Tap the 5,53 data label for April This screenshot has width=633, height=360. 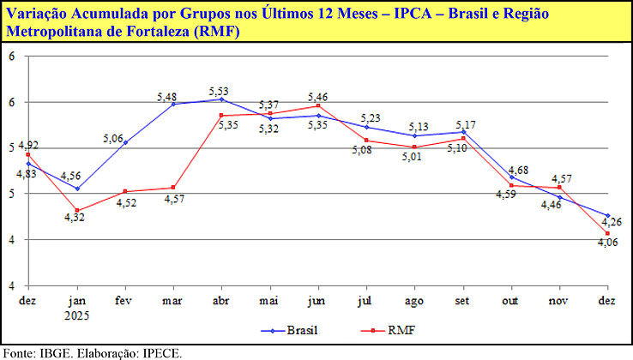221,91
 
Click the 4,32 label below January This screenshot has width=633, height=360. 77,218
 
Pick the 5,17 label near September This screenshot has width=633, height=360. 463,124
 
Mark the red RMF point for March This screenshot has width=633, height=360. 173,188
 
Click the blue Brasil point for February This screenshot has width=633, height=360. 125,142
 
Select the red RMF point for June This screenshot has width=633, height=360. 318,106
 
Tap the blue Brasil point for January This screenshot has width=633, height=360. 77,189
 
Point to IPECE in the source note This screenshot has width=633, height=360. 159,352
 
